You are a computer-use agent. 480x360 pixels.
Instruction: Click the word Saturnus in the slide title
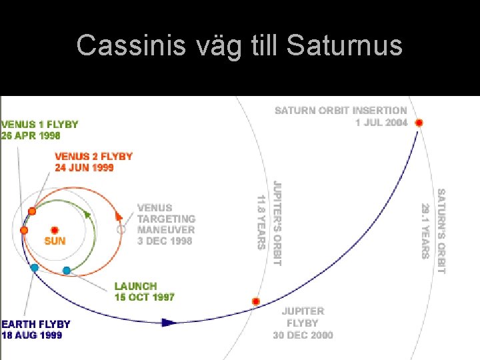(x=345, y=46)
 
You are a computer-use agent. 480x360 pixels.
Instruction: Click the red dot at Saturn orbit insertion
(x=419, y=123)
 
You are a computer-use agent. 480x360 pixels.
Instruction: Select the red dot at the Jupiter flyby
(x=255, y=301)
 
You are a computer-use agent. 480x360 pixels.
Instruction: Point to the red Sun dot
(x=55, y=229)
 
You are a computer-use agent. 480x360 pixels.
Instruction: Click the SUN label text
(x=55, y=241)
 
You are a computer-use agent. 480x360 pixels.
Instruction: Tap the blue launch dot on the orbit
(x=66, y=270)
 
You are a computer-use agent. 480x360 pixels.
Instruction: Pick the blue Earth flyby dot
(x=34, y=267)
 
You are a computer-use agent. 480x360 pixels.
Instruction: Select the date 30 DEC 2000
(x=303, y=335)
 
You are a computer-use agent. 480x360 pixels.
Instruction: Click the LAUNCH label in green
(x=135, y=286)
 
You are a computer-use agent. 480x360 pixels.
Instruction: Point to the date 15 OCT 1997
(x=144, y=297)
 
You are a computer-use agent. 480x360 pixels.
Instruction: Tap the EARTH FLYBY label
(x=35, y=324)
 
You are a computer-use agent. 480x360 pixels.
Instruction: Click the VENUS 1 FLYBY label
(x=40, y=124)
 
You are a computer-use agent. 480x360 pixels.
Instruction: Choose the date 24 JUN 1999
(x=84, y=167)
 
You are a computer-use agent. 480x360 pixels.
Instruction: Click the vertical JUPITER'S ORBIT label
(x=277, y=223)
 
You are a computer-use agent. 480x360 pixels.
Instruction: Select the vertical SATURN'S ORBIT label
(x=440, y=231)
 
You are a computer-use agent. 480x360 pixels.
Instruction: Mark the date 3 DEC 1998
(x=165, y=241)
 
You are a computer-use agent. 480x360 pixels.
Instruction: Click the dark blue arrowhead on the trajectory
(x=169, y=323)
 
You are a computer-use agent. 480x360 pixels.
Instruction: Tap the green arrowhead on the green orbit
(x=86, y=213)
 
